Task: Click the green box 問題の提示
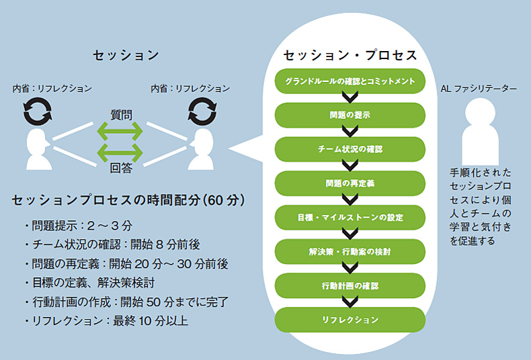(350, 116)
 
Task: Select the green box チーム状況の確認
(350, 149)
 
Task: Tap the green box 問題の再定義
(350, 183)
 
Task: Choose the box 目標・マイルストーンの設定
(350, 218)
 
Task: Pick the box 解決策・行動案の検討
(350, 252)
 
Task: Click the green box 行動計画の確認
(350, 286)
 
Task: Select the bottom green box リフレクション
(350, 320)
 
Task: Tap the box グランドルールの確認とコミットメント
(350, 81)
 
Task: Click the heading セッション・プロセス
(350, 55)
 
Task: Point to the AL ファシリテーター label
(479, 89)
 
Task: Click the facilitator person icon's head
(480, 113)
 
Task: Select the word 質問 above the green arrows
(121, 115)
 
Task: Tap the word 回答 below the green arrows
(121, 168)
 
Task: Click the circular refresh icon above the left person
(38, 111)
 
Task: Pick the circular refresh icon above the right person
(202, 111)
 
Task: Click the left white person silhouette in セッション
(38, 149)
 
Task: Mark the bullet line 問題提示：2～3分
(79, 226)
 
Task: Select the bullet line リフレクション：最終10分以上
(106, 321)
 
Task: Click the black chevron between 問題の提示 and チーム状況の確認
(350, 132)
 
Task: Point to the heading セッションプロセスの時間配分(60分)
(128, 200)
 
